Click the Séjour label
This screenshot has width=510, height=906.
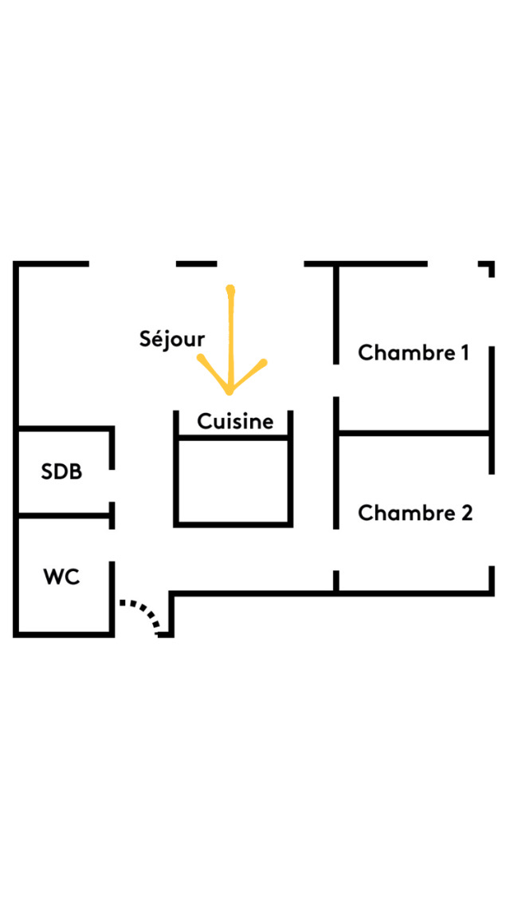pos(172,339)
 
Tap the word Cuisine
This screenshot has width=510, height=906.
pos(235,421)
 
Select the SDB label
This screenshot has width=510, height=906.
pos(61,471)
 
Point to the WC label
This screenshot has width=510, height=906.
pos(61,576)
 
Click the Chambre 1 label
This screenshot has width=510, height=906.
pos(413,353)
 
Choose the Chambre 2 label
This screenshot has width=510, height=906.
pos(414,513)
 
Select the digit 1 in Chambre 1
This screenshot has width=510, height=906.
pos(463,353)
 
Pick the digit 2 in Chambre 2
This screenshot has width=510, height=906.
pos(465,513)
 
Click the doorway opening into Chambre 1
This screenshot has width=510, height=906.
pos(336,380)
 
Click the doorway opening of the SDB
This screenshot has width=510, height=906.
pos(112,486)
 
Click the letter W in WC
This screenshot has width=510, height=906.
pos(53,576)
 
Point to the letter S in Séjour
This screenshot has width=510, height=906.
pos(145,339)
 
